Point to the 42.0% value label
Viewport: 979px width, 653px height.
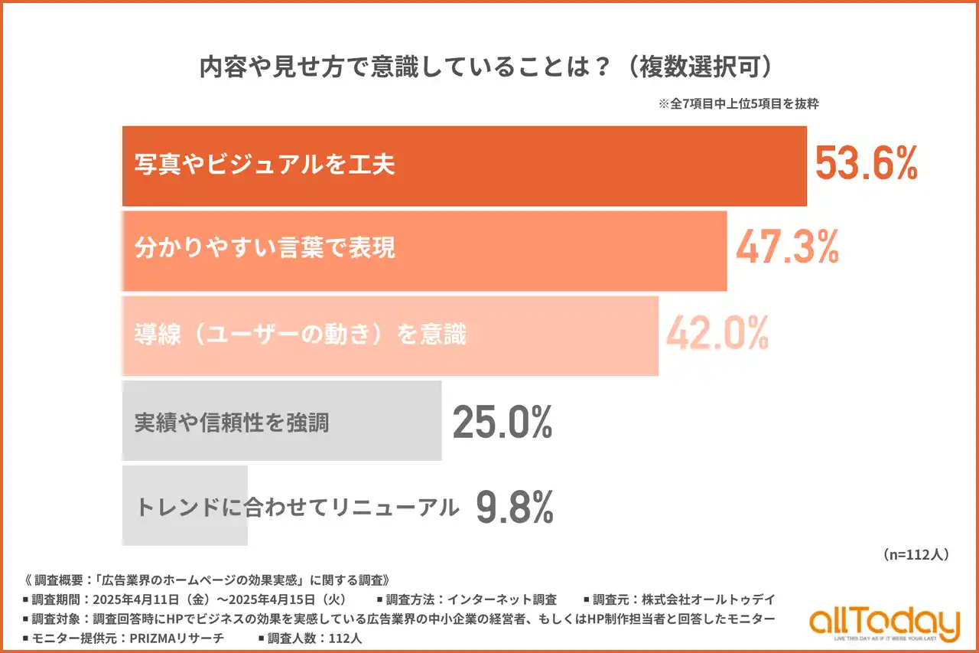pos(717,334)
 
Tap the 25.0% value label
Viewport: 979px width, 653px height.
pos(502,420)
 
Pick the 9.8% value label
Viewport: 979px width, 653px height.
pos(514,506)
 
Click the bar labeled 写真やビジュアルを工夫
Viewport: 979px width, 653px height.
pos(464,166)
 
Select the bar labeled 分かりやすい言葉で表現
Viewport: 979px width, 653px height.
pos(424,250)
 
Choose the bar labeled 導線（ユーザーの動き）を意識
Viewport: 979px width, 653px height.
pos(390,335)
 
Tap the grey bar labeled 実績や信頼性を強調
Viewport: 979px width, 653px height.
pos(281,421)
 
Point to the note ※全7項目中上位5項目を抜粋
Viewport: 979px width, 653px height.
pos(738,104)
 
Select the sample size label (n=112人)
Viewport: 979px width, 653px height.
pos(916,554)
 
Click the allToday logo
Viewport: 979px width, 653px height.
pos(884,623)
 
